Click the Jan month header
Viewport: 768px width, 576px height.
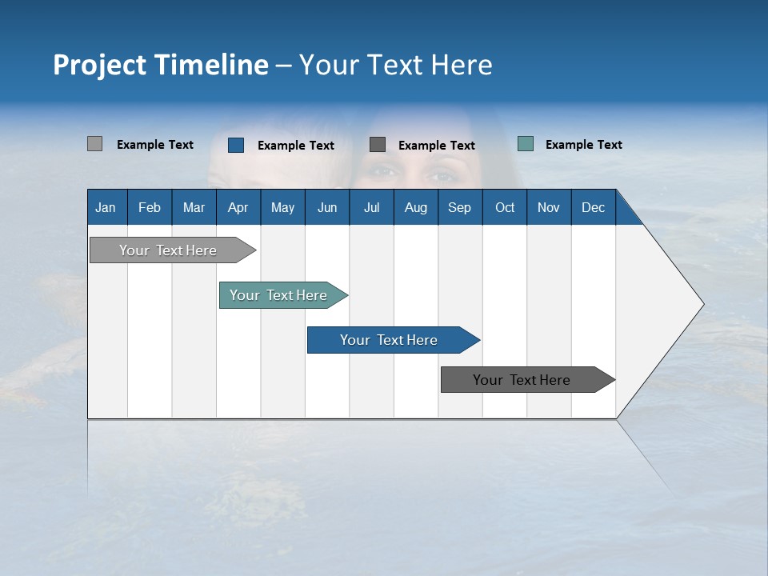point(106,207)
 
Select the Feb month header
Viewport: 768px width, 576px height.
point(150,207)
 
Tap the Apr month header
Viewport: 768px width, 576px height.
point(238,207)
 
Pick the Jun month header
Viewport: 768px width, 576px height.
point(326,207)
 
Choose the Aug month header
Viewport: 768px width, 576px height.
point(415,207)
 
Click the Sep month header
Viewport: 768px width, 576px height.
point(459,207)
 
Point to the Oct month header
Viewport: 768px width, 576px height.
point(505,207)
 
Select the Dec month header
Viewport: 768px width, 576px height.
point(593,207)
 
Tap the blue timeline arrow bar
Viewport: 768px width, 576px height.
point(390,340)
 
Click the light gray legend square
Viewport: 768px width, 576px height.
point(94,144)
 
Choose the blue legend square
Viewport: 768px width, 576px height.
point(236,145)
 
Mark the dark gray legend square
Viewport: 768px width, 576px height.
point(378,144)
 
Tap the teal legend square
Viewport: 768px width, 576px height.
point(526,144)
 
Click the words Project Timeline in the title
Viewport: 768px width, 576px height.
point(161,65)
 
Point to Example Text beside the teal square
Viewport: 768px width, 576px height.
point(583,145)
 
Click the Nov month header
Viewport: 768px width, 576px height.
point(549,207)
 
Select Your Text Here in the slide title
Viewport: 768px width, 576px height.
point(396,65)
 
